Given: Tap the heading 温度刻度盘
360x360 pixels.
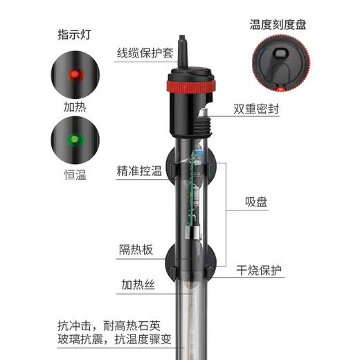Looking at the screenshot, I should [x=277, y=24].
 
